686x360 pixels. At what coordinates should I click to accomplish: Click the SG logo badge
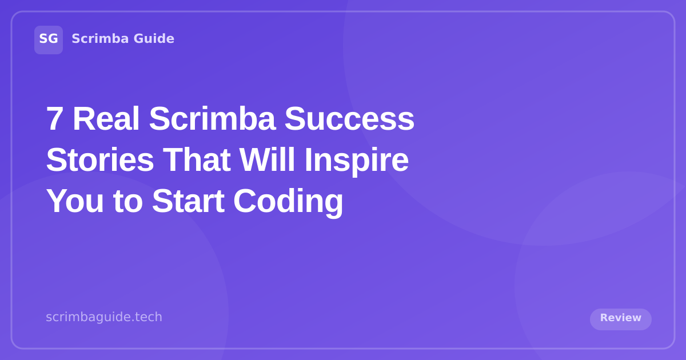[49, 39]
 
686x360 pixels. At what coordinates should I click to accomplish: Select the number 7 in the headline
[54, 119]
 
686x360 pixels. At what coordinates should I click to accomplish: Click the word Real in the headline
[106, 119]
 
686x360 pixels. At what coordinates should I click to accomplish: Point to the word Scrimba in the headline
[212, 119]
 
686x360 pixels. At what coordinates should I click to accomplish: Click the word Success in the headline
[349, 119]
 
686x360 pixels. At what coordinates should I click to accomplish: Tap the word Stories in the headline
[99, 160]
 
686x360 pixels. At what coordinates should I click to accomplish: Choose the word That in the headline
[196, 160]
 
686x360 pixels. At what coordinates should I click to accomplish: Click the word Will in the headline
[266, 160]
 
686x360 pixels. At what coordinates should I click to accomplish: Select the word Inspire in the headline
[356, 160]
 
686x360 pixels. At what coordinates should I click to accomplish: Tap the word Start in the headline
[188, 201]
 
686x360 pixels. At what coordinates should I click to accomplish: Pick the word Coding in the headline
[288, 201]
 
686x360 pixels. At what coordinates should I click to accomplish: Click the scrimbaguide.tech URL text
[104, 317]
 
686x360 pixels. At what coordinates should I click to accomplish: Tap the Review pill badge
[620, 318]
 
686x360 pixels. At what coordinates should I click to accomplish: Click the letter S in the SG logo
[43, 39]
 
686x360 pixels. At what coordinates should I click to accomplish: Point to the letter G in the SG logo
[53, 39]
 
